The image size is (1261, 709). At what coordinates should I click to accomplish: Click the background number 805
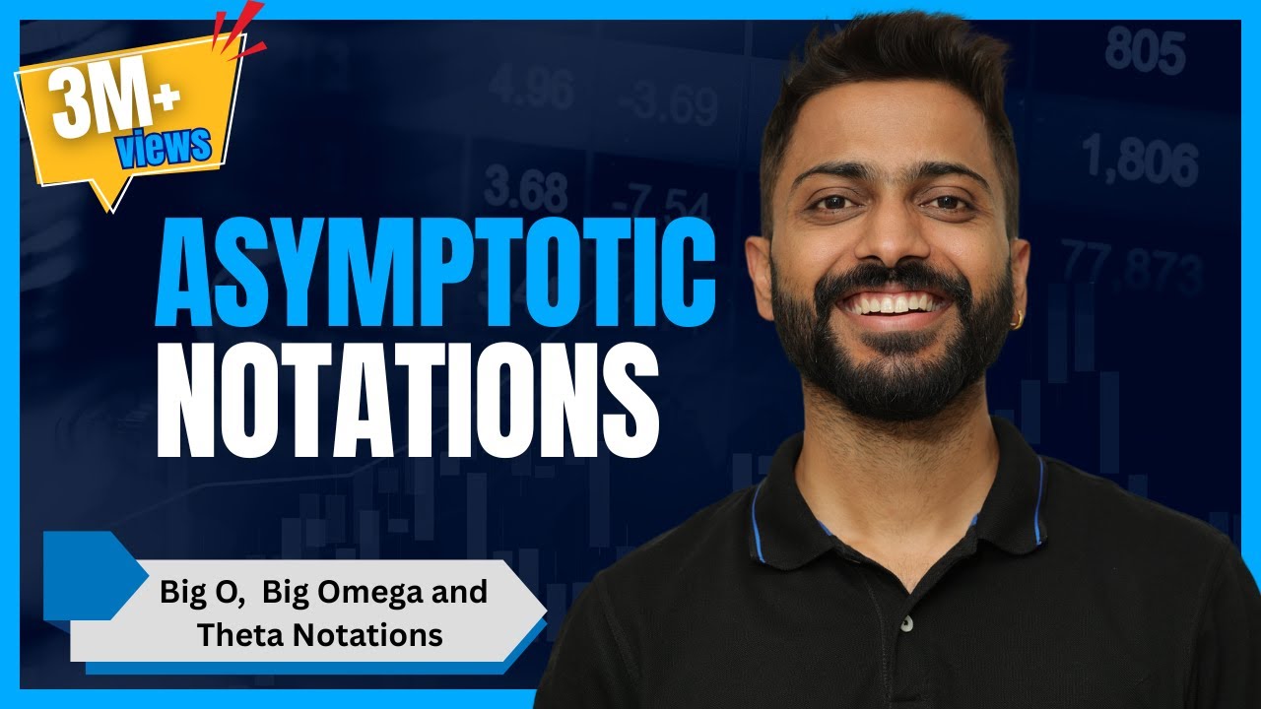(x=1144, y=50)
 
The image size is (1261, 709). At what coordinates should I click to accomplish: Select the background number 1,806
(x=1140, y=161)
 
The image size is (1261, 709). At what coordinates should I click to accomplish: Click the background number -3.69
(x=662, y=99)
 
